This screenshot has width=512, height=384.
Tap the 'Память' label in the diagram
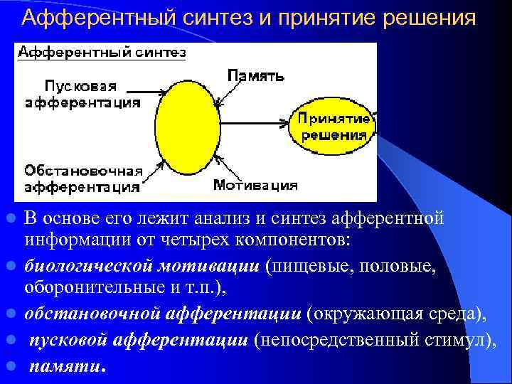[256, 75]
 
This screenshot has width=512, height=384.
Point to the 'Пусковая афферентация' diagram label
[82, 94]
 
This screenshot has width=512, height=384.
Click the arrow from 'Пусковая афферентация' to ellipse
[149, 91]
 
